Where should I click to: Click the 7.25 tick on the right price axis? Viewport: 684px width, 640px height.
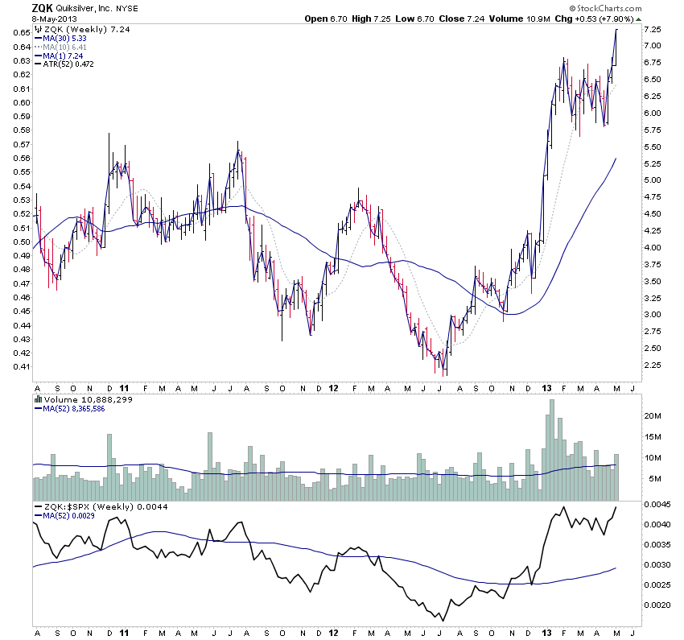[653, 29]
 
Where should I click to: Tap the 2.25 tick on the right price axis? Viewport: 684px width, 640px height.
[653, 365]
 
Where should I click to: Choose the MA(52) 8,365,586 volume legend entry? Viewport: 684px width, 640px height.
[75, 409]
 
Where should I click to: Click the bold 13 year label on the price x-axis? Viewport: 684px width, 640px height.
[546, 388]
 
